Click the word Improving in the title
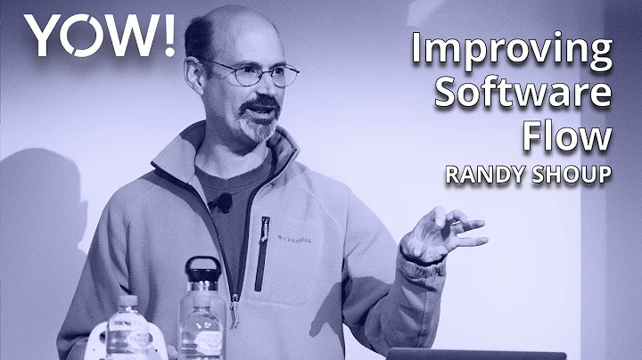click(x=512, y=51)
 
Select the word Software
click(x=523, y=94)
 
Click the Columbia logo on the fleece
click(x=299, y=239)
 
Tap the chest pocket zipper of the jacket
click(x=262, y=254)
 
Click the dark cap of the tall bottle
click(x=202, y=268)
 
